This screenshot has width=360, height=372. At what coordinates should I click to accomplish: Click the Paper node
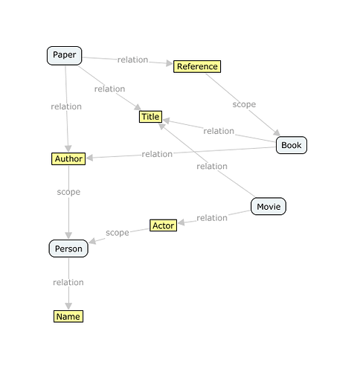coord(65,56)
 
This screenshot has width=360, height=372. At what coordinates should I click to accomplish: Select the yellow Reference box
coord(197,66)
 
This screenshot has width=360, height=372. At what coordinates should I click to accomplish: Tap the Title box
coord(150,117)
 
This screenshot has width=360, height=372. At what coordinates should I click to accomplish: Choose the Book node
coord(292,145)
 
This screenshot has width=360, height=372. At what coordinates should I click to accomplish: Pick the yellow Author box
coord(68,158)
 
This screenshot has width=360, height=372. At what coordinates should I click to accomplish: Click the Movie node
coord(269,206)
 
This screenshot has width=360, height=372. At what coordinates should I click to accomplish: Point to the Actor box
coord(163,225)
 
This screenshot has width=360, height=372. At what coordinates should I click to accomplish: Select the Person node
coord(68,248)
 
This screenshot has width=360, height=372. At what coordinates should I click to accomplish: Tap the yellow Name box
coord(68,316)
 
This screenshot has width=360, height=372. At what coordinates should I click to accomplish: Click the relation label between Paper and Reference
coord(132,60)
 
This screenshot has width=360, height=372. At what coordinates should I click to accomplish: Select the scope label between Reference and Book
coord(244,104)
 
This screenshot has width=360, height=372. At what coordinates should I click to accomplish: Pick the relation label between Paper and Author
coord(66,106)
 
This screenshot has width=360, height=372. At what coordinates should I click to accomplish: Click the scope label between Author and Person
coord(68,192)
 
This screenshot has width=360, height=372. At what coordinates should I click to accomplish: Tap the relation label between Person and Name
coord(68,282)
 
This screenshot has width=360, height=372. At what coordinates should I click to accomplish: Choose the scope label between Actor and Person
coord(118,233)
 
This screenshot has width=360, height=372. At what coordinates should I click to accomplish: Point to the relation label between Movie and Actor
coord(212,218)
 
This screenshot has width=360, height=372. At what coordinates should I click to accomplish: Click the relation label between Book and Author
coord(157,154)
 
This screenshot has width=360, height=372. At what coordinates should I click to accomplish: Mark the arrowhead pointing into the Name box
coord(68,306)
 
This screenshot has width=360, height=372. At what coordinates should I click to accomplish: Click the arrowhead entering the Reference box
coord(170,63)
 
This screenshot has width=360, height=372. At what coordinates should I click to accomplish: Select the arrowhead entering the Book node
coord(277,132)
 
